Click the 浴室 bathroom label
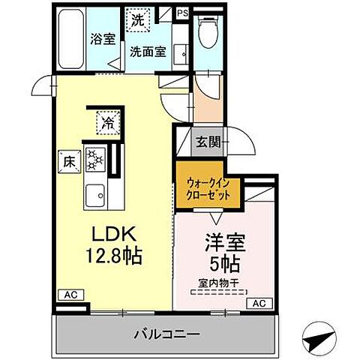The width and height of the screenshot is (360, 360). click(103, 39)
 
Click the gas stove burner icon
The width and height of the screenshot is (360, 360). click(95, 157)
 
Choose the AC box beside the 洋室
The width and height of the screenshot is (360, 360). click(257, 303)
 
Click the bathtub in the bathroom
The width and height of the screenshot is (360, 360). click(70, 37)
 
